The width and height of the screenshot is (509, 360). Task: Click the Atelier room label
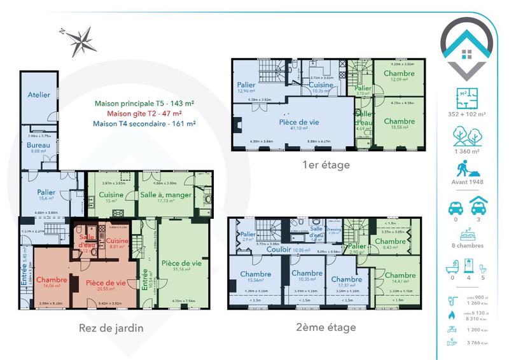point(39,95)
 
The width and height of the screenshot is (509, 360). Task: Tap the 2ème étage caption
point(324,328)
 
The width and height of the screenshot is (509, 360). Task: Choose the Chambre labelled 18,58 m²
point(400,121)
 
